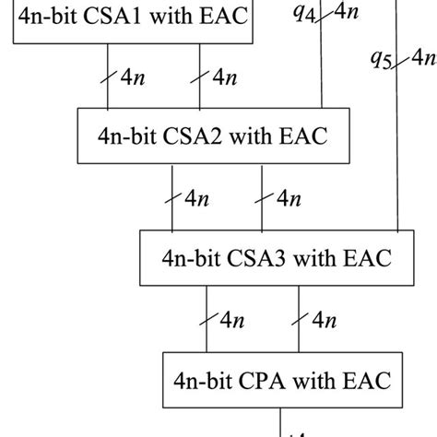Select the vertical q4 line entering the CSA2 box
point(320,74)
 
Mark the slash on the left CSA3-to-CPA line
point(207,318)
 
